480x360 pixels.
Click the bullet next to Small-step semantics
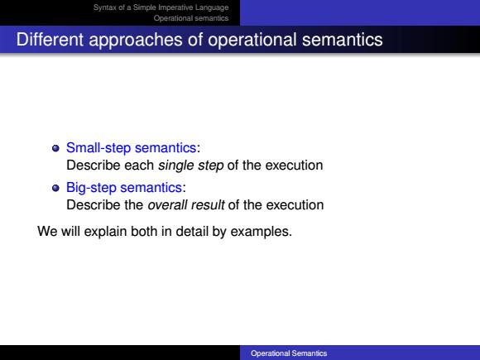point(55,148)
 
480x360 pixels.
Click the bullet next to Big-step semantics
point(55,188)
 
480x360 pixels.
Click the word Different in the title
point(50,40)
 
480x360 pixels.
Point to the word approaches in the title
point(136,40)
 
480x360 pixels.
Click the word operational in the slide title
point(252,40)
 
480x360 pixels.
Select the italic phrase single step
point(190,166)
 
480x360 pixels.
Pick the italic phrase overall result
point(186,204)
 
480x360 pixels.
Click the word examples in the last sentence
point(262,232)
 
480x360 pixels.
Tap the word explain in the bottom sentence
point(106,232)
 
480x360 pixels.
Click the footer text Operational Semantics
point(289,353)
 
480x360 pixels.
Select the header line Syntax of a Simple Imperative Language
point(161,7)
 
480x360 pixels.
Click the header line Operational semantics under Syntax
point(191,18)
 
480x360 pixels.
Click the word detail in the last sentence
point(192,232)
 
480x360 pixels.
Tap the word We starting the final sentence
point(47,232)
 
